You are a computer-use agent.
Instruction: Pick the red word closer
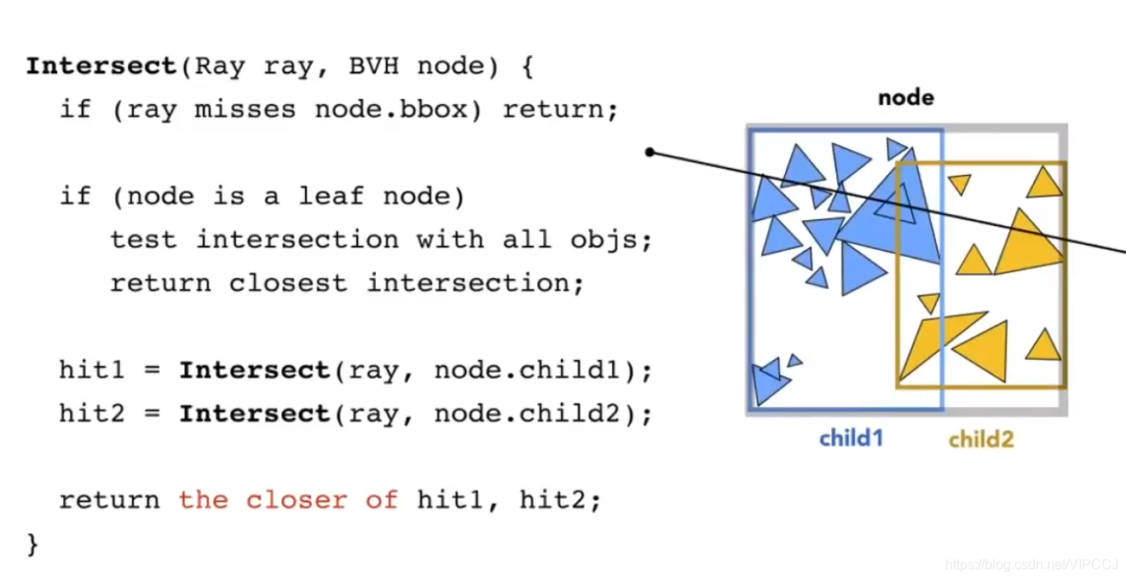pyautogui.click(x=296, y=500)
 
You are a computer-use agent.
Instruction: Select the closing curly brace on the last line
pyautogui.click(x=33, y=543)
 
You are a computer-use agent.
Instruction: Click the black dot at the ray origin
pyautogui.click(x=650, y=153)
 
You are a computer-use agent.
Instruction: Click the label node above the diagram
pyautogui.click(x=906, y=98)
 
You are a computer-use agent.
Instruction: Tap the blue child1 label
pyautogui.click(x=852, y=438)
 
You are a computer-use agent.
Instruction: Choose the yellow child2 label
pyautogui.click(x=981, y=439)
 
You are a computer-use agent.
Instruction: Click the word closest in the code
pyautogui.click(x=288, y=283)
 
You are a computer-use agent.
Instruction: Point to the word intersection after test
pyautogui.click(x=297, y=240)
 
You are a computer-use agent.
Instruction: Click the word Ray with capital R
pyautogui.click(x=220, y=67)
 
